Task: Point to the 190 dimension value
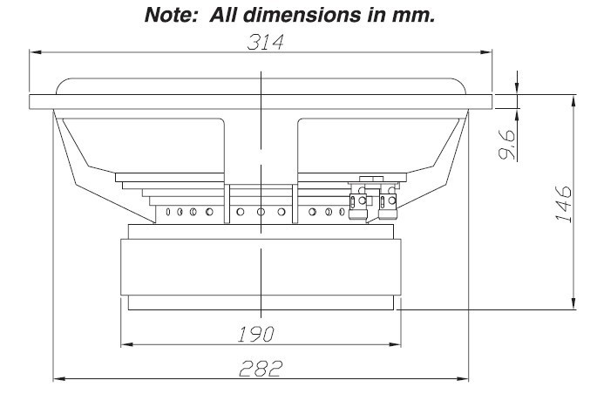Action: pyautogui.click(x=259, y=333)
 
